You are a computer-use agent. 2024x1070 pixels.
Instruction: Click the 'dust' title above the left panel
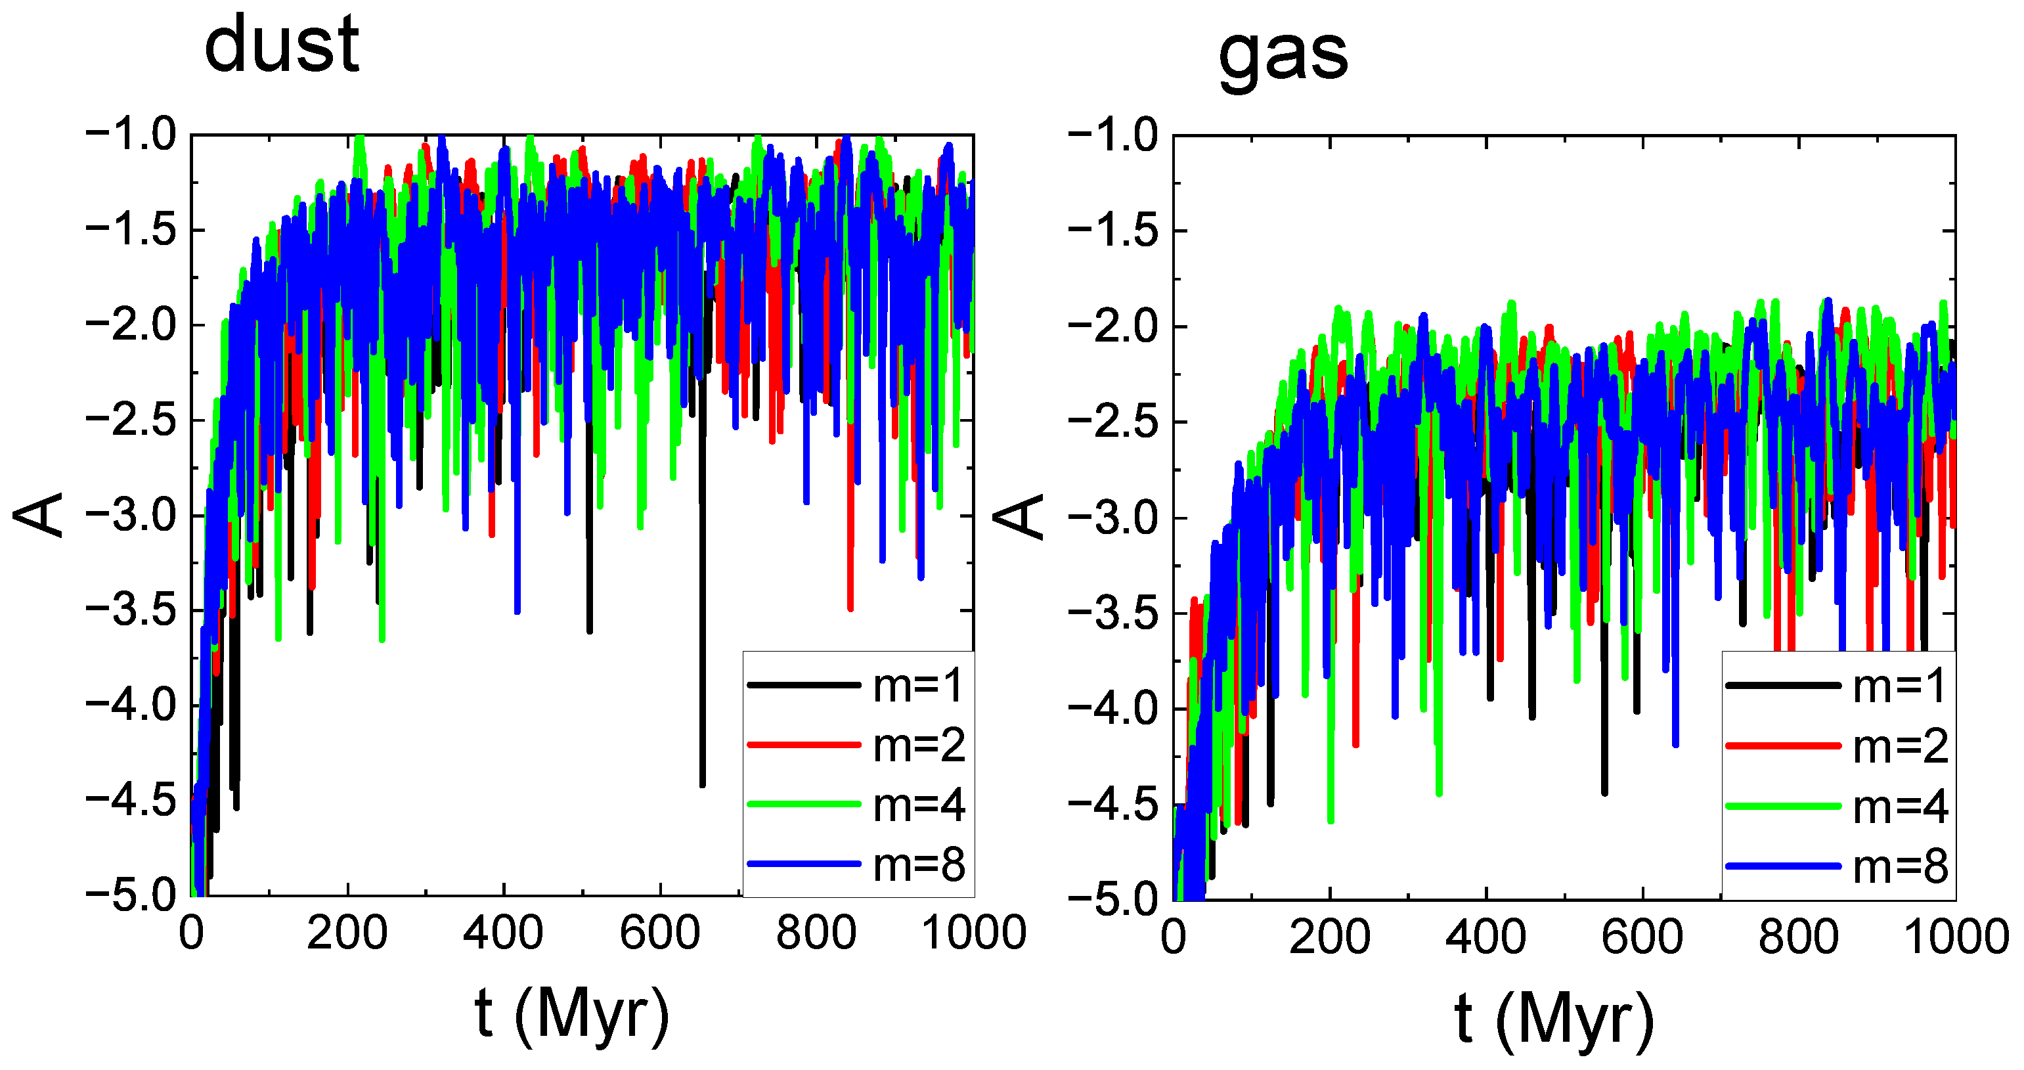pyautogui.click(x=281, y=45)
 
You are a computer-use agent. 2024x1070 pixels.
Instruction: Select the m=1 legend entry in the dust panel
pyautogui.click(x=917, y=685)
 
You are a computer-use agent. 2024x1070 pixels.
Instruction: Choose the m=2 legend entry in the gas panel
pyautogui.click(x=1900, y=746)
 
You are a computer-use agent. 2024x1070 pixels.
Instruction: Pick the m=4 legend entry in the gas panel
pyautogui.click(x=1900, y=807)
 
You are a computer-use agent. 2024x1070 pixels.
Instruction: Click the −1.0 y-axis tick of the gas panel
pyautogui.click(x=1112, y=135)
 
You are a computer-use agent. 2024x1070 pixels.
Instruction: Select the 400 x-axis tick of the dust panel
pyautogui.click(x=503, y=933)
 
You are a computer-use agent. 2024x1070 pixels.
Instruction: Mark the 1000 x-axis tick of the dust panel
pyautogui.click(x=973, y=933)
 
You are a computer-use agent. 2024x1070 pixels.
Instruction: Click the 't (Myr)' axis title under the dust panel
pyautogui.click(x=572, y=1015)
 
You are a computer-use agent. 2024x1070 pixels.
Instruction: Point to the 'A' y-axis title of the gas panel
pyautogui.click(x=1019, y=516)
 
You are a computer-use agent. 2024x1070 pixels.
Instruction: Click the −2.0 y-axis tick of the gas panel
pyautogui.click(x=1112, y=326)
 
